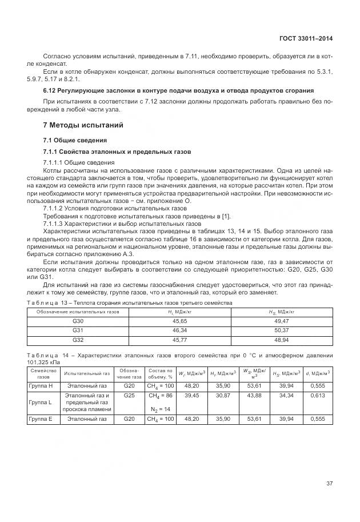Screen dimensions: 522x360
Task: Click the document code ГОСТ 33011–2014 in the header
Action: [305, 38]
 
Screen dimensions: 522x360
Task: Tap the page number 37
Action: [329, 483]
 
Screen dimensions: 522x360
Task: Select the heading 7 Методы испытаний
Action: [83, 125]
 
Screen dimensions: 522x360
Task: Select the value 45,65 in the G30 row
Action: [180, 322]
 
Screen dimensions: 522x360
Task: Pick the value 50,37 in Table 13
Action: [282, 330]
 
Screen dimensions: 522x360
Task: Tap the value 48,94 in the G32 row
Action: [282, 339]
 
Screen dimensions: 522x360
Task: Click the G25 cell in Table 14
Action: [129, 395]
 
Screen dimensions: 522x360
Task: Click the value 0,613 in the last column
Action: [317, 395]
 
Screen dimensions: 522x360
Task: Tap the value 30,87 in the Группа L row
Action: [222, 395]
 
